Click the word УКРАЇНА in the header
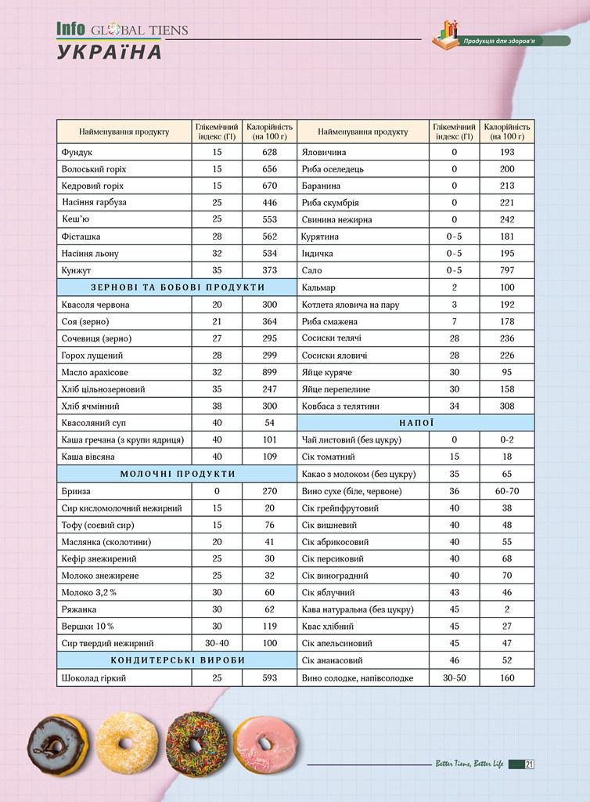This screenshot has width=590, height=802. coord(110,52)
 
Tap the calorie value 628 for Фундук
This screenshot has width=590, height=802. coord(270,152)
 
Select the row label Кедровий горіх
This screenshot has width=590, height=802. coord(92,186)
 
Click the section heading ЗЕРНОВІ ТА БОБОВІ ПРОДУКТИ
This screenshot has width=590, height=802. coord(178,287)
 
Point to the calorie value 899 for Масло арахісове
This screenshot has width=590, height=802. coord(270,372)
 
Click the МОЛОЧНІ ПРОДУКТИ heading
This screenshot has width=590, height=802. coord(178,474)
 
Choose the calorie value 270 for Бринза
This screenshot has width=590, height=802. coord(270,491)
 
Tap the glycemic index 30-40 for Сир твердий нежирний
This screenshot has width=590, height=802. coord(217,643)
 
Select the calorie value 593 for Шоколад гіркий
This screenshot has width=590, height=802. coord(270,677)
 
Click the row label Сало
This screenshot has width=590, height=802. coord(311,270)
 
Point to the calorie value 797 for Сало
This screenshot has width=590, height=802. coord(507,270)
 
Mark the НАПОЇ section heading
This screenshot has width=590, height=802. coord(416,423)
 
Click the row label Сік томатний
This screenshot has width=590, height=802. coord(329,457)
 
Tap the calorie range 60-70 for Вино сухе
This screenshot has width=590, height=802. coord(507,491)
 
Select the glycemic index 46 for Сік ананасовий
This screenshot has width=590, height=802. coord(454,660)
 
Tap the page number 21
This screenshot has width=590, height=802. coord(530,764)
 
